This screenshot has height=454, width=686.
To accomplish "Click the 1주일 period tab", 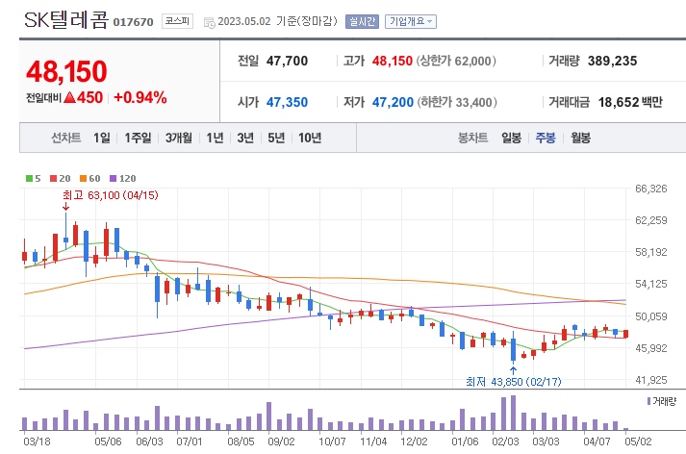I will (139, 138).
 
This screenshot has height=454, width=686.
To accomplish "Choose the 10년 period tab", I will (310, 138).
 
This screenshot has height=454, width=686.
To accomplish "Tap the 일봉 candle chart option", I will (511, 138).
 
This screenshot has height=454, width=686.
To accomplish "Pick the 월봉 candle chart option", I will (580, 138).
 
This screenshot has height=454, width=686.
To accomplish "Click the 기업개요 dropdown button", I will (410, 21).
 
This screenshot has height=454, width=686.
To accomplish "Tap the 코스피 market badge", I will (175, 20).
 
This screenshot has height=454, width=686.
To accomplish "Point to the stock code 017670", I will (133, 22).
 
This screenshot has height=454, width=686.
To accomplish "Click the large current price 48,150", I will (66, 71).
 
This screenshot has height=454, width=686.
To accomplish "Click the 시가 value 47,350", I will (287, 102).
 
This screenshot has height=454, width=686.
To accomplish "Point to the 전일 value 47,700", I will (287, 61).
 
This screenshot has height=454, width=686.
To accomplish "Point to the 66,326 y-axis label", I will (651, 189).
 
